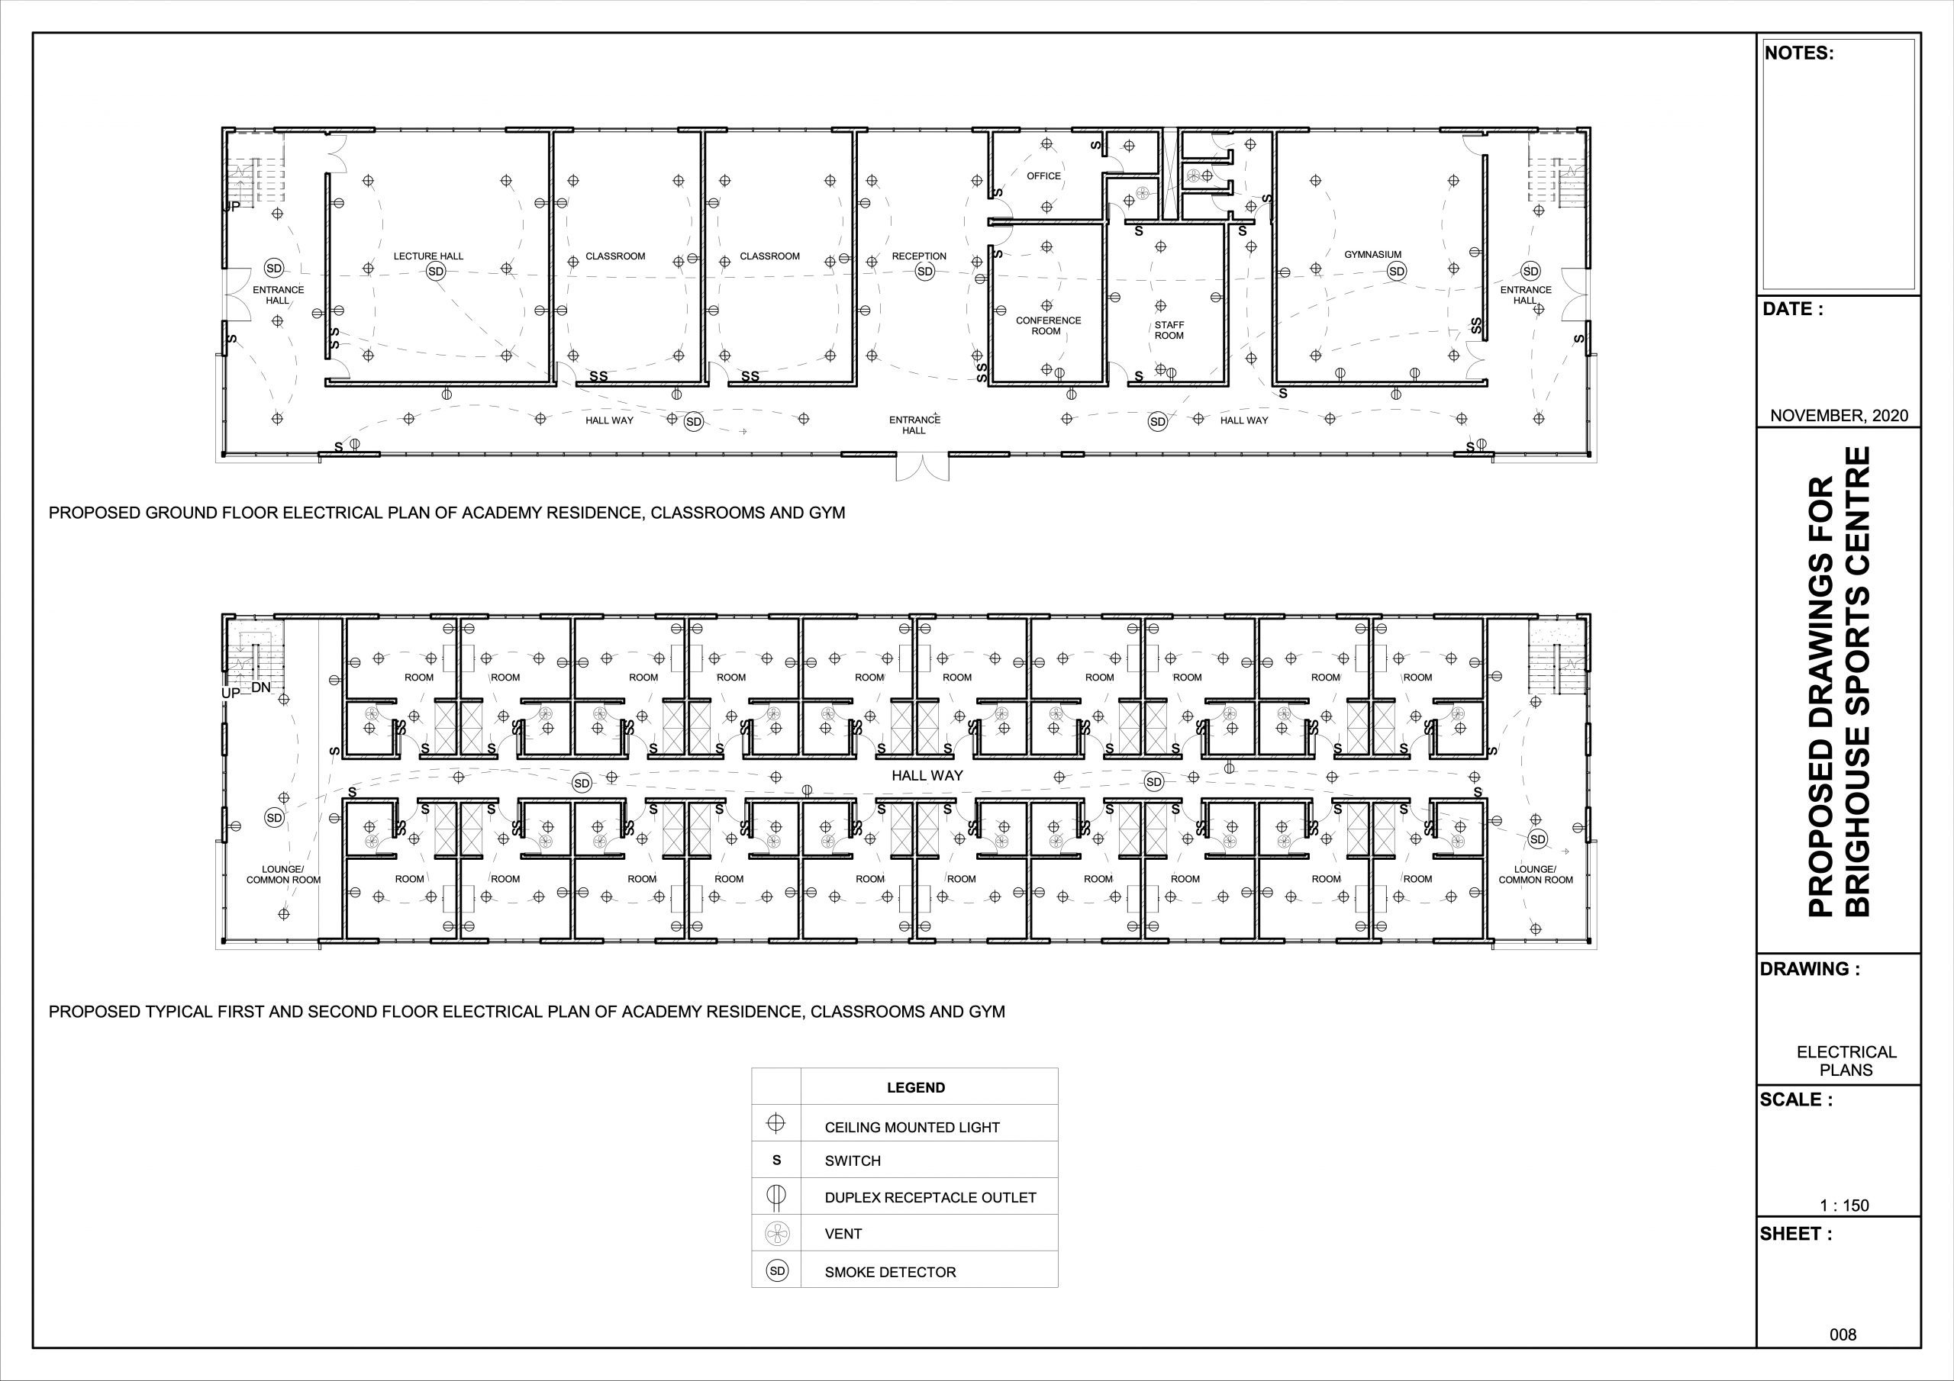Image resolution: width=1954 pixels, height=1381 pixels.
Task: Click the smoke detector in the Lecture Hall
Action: coord(436,272)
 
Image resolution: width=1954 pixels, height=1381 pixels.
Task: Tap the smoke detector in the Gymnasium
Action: coord(1396,272)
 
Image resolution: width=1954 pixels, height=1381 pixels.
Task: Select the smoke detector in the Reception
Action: coord(924,272)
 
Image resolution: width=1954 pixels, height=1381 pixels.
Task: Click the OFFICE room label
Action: coord(1043,176)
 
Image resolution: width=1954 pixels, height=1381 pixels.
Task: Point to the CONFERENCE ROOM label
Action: coord(1048,326)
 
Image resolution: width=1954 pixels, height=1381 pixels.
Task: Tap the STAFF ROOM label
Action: coord(1169,330)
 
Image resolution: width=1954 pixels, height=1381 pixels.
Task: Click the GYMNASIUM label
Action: coord(1372,254)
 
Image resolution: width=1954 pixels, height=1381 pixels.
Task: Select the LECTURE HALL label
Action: coord(428,256)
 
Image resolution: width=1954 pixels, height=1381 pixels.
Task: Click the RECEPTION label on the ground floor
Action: coord(919,256)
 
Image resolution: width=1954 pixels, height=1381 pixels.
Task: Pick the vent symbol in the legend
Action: coord(776,1232)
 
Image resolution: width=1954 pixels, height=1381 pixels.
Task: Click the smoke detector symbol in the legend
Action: coord(777,1271)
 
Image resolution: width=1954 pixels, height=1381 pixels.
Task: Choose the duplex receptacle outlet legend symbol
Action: coord(776,1196)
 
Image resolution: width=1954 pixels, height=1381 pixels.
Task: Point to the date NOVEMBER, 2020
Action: coord(1839,416)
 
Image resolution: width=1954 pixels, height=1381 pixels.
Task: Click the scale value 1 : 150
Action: coord(1844,1206)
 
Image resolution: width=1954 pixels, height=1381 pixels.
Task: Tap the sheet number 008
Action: coord(1843,1335)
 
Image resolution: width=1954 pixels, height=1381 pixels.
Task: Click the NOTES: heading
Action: coord(1799,53)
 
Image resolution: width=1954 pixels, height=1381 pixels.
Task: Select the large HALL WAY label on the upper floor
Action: coord(927,775)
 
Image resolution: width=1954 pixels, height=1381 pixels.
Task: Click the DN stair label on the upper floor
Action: coord(261,687)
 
